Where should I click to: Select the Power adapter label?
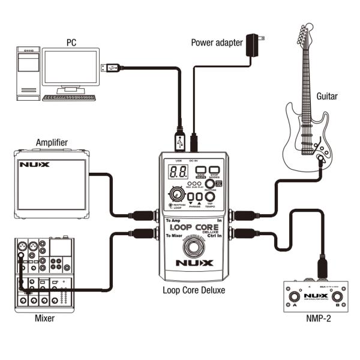pos(217,42)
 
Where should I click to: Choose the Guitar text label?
pos(327,95)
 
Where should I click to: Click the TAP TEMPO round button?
pos(210,196)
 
